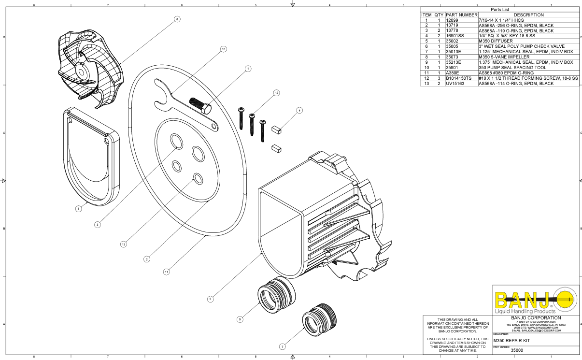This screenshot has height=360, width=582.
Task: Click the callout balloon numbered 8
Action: pos(177,19)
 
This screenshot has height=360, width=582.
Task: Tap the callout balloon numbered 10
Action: pos(223,49)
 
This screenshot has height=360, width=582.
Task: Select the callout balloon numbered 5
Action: pos(210,299)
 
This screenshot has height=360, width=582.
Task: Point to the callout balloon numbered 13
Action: pos(124,245)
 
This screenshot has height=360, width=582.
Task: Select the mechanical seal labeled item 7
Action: pos(319,320)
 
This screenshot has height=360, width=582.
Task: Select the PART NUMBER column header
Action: pos(461,14)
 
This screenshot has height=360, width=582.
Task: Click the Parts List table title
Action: pos(499,9)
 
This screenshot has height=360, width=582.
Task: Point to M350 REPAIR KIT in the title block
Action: pos(515,340)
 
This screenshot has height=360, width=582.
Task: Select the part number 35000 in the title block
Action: pos(517,350)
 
